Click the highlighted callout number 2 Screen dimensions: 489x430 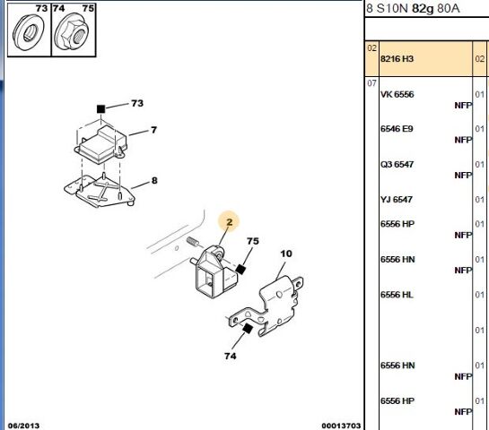[230, 222]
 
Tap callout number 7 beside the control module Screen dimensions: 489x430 [153, 130]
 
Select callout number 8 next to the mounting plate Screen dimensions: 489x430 [154, 181]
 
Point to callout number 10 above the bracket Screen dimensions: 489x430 [286, 254]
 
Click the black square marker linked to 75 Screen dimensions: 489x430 [240, 269]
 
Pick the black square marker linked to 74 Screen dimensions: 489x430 [248, 329]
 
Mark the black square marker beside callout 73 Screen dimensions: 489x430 [100, 109]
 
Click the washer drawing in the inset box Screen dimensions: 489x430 [29, 32]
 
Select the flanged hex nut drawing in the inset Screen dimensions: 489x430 [71, 32]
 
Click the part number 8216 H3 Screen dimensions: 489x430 [397, 59]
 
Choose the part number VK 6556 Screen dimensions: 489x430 [397, 94]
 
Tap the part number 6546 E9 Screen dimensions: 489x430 [397, 129]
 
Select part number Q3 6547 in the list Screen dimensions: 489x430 [397, 164]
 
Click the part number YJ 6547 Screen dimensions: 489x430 [397, 199]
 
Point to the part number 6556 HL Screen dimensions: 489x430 [397, 295]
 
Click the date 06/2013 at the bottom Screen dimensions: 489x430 [23, 426]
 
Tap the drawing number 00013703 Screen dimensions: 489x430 [341, 426]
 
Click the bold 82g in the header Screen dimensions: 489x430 [423, 9]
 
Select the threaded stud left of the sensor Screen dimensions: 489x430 [192, 242]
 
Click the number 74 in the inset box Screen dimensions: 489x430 [58, 8]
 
